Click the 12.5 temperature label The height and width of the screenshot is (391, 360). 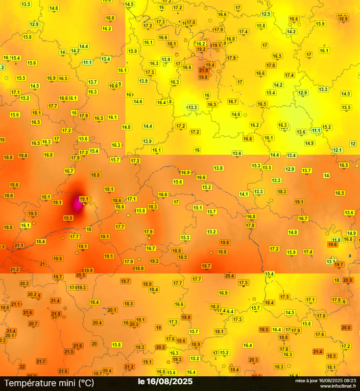(266, 14)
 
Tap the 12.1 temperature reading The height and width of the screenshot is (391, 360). (337, 150)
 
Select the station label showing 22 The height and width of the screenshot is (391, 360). (22, 367)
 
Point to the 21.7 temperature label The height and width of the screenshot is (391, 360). (41, 361)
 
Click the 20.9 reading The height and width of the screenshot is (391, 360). (347, 280)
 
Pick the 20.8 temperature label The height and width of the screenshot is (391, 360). (346, 327)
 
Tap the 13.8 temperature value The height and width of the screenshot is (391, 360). (218, 168)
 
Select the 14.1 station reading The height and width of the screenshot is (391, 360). (244, 194)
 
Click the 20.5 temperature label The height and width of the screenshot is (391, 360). (81, 275)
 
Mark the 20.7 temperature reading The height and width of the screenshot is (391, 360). (33, 323)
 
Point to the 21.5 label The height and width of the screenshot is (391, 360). (69, 351)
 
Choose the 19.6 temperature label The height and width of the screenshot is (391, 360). (333, 244)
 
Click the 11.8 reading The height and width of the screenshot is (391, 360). (336, 240)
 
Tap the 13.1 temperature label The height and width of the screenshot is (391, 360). (331, 261)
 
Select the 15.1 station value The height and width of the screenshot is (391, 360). (198, 207)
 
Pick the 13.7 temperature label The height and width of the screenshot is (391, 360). (93, 82)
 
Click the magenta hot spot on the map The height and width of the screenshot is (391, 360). (75, 202)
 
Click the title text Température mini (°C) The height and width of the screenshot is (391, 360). (49, 382)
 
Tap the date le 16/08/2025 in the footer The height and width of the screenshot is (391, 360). (165, 381)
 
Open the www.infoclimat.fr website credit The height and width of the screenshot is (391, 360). (338, 386)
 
